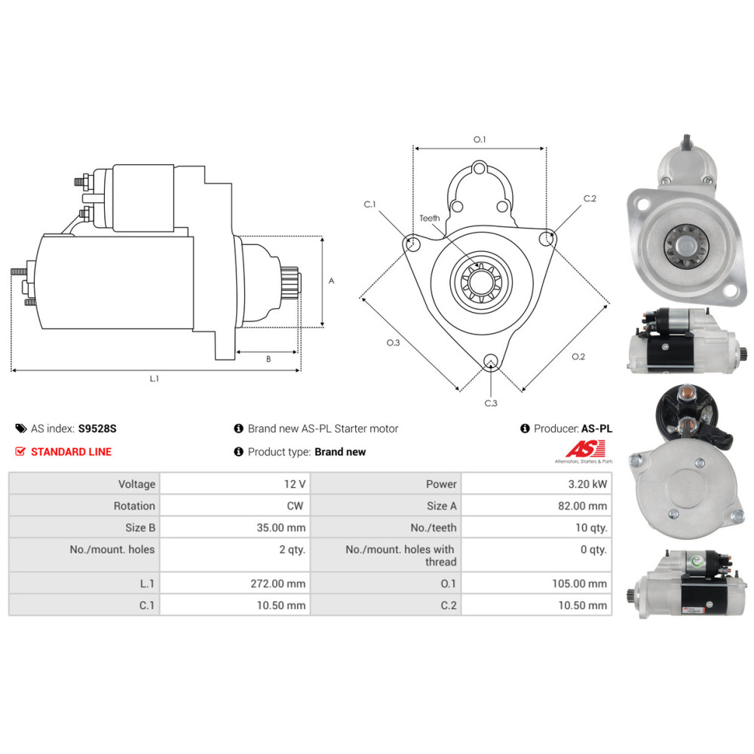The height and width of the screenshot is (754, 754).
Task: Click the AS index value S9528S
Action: coord(97,428)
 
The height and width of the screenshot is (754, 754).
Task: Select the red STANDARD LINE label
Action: coord(71,452)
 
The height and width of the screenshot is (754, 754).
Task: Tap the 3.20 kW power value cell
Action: coord(589,484)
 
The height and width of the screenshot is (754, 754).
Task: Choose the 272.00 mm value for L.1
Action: coord(281,584)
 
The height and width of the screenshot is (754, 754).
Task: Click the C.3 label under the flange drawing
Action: coord(491,403)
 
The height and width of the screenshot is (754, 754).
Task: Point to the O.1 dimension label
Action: coord(480,139)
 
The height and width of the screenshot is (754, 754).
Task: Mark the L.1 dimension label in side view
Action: coord(154,379)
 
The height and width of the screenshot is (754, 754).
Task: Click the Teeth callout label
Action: coord(430,218)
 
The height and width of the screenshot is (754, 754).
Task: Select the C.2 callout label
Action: coord(590,199)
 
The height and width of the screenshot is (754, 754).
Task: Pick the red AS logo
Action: coord(582,448)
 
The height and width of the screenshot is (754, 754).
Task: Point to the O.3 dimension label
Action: coord(393,343)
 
